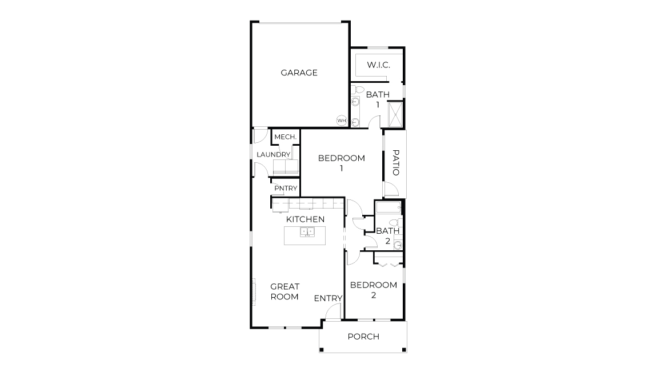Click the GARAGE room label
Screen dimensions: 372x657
click(299, 73)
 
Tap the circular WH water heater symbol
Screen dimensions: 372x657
click(342, 121)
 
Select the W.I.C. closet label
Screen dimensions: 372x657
click(378, 65)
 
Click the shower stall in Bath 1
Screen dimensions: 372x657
click(395, 114)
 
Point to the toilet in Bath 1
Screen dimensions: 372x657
click(357, 90)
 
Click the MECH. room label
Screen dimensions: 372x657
click(285, 137)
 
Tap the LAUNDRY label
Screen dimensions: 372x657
click(274, 155)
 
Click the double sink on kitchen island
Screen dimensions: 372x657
click(307, 232)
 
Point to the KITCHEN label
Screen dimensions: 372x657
click(305, 219)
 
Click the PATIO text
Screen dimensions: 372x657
click(395, 162)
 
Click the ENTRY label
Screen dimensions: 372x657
click(328, 298)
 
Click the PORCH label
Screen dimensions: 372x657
click(363, 337)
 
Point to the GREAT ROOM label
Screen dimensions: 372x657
click(285, 291)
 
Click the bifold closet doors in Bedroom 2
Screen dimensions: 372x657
click(389, 263)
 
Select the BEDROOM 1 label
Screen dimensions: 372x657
click(341, 163)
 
